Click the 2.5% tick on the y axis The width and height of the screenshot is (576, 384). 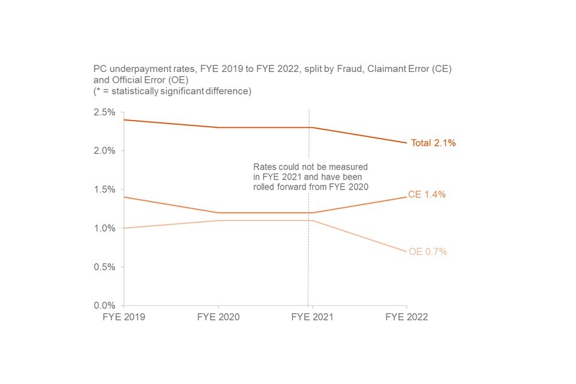point(104,112)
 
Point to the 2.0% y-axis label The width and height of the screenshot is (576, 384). point(104,151)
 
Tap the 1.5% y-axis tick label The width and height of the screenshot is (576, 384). point(104,190)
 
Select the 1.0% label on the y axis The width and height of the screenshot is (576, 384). point(104,228)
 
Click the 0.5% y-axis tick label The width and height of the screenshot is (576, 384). point(104,267)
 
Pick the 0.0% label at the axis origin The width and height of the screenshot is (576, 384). point(104,305)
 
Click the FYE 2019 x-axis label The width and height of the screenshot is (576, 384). point(124,317)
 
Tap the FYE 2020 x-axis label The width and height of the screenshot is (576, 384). point(218,317)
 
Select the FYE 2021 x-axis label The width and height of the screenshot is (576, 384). point(312,317)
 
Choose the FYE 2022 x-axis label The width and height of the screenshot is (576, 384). point(406,317)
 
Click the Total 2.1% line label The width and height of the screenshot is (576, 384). point(433,143)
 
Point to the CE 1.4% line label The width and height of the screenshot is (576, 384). point(427,195)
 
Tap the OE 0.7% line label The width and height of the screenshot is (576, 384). point(428,252)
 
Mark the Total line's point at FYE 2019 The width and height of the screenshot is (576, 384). point(124,120)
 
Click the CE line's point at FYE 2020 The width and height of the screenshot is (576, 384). point(218,213)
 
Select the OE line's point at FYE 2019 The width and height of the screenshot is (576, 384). point(124,228)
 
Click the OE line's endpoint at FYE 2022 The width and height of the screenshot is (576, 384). point(406,251)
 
